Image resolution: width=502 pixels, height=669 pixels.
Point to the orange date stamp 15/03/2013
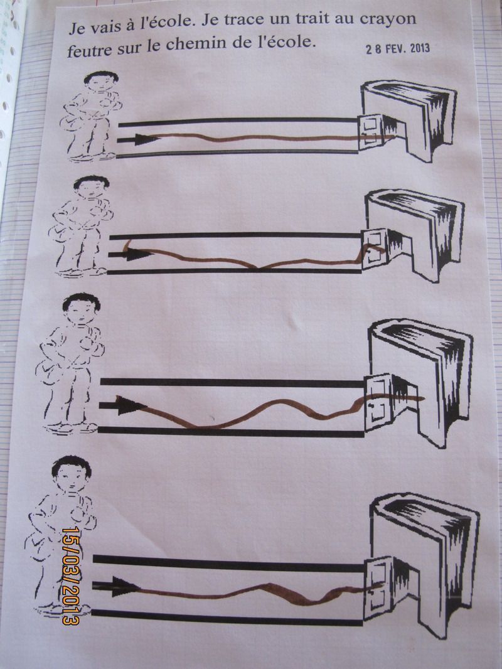(71, 575)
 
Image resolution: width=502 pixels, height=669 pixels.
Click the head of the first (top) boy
(100, 82)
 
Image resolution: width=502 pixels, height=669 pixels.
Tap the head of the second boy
(90, 187)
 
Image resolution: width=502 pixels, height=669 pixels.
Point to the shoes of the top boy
(91, 157)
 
